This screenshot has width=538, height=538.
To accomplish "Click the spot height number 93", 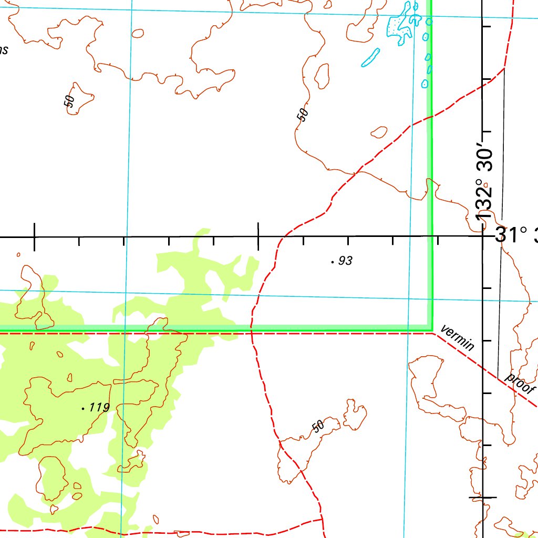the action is point(345,261).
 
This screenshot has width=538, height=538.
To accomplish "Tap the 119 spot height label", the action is point(99,407).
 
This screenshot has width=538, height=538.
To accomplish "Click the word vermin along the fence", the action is point(458,338).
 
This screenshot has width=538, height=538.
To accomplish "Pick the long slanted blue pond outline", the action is point(370,57).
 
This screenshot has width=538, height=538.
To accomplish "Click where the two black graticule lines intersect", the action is point(483,236).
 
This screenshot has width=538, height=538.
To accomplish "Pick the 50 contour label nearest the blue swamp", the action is point(302,114).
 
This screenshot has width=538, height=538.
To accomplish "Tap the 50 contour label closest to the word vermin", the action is point(318,426).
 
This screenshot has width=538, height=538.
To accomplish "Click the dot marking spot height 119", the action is point(84,407).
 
